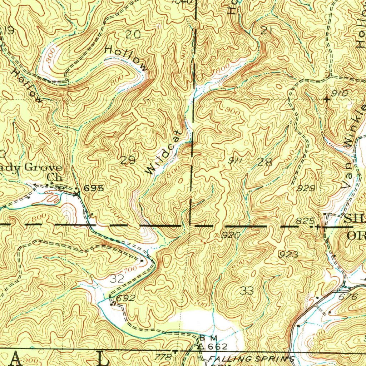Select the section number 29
click(x=128, y=160)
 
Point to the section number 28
click(x=264, y=162)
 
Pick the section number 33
click(x=247, y=291)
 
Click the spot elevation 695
click(x=94, y=188)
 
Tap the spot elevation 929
click(x=307, y=188)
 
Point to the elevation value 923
click(x=288, y=254)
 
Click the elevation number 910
click(x=340, y=94)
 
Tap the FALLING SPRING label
click(x=251, y=358)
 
